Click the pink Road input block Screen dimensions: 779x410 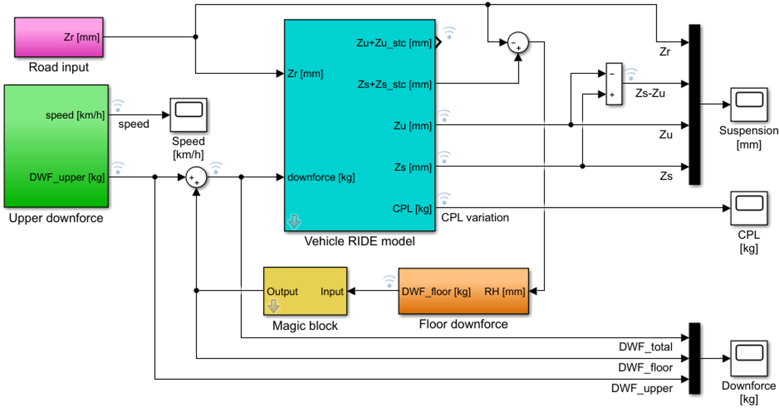pos(59,37)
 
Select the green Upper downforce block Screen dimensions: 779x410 pos(56,146)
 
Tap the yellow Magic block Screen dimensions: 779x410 pos(305,291)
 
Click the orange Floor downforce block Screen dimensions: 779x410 pos(464,291)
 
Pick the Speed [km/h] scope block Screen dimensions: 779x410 pos(188,115)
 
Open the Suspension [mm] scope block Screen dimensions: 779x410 pos(749,104)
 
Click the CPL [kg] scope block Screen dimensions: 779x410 pos(749,208)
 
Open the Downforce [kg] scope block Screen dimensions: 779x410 pos(749,358)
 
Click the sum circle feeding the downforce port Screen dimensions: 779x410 pos(197,178)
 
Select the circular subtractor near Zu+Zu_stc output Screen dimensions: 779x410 pos(518,42)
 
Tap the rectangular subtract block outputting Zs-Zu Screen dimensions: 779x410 pos(614,84)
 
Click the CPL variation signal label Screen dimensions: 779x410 pos(474,218)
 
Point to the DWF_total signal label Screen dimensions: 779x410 pos(645,346)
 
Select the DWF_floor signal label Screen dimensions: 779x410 pos(645,368)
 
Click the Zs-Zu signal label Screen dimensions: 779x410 pos(650,93)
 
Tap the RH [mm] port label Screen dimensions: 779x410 pos(505,292)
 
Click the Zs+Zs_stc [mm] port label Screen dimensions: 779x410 pos(395,85)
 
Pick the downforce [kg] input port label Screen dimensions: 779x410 pos(321,178)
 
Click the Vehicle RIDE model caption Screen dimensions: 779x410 pos(359,241)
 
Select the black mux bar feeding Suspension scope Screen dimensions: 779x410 pos(694,104)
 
